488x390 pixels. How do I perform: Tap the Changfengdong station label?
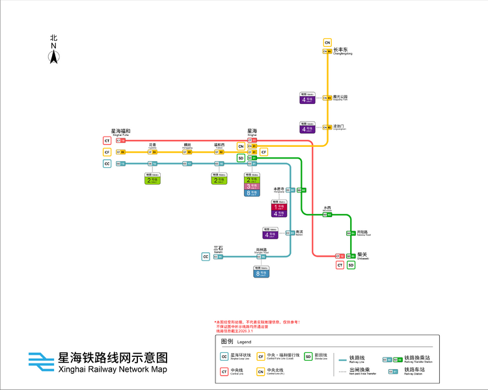[x=343, y=51]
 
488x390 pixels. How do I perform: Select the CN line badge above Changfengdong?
[x=327, y=43]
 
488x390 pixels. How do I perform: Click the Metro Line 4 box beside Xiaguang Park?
[x=307, y=99]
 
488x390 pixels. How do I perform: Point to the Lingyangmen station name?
[x=340, y=127]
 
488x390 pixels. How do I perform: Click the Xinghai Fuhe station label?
[x=120, y=132]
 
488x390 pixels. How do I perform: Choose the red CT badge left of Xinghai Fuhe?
[x=106, y=140]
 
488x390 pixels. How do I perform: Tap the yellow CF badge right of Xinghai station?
[x=264, y=152]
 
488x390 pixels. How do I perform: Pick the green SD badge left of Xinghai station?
[x=241, y=158]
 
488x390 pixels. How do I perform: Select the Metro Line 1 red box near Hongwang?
[x=279, y=206]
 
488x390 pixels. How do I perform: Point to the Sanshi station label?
[x=218, y=249]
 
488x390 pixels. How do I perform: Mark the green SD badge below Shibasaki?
[x=351, y=265]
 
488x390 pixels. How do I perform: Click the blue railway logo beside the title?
[x=41, y=361]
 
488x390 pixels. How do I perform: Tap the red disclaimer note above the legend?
[x=257, y=326]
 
